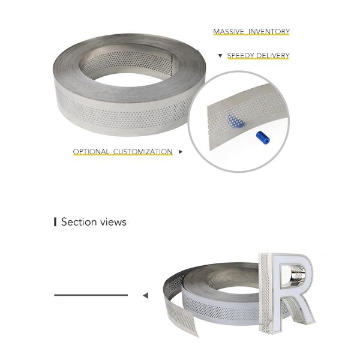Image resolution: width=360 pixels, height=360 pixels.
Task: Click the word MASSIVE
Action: (227, 32)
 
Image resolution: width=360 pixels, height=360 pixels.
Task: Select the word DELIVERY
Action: (273, 56)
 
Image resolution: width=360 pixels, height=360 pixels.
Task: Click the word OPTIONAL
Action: (91, 152)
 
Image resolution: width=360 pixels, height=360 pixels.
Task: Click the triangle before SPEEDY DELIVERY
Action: (220, 56)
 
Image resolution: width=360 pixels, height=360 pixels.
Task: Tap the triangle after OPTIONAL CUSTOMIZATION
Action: (181, 152)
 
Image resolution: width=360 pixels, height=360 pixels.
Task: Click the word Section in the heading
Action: (79, 222)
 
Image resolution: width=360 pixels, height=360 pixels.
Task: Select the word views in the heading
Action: (113, 222)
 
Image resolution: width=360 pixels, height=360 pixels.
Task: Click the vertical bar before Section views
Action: (55, 222)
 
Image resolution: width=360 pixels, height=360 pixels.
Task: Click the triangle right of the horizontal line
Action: (145, 295)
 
